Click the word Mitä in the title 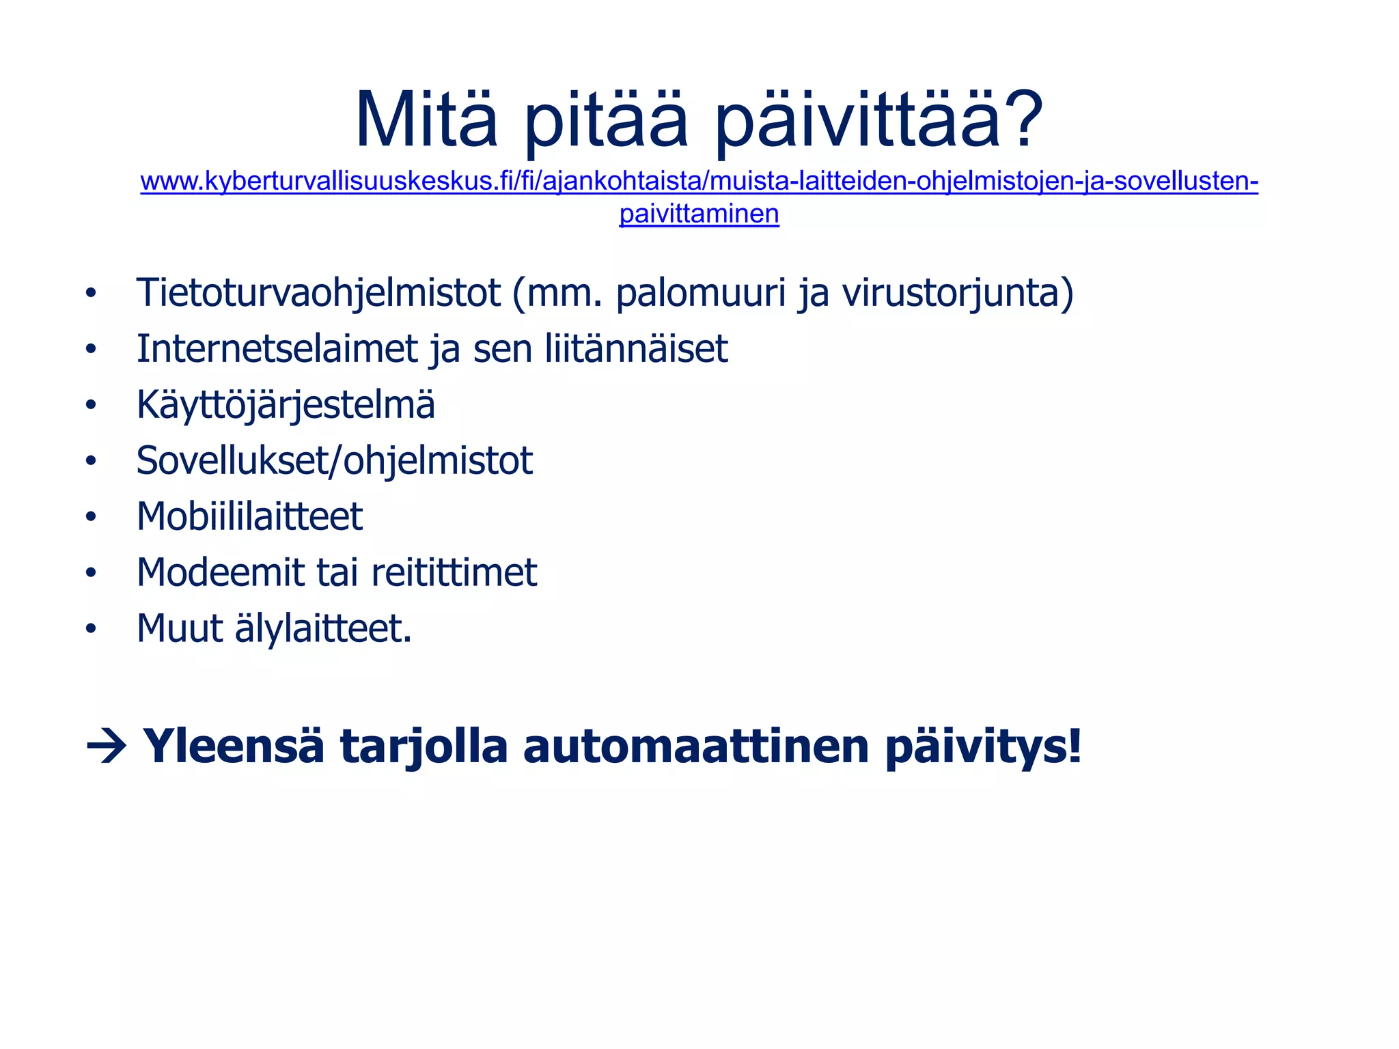tap(426, 121)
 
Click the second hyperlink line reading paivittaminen tap(699, 214)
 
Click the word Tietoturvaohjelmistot tap(318, 294)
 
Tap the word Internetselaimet tap(277, 349)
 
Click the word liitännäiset tap(636, 349)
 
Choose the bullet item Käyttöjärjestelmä tap(286, 405)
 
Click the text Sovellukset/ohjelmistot tap(334, 461)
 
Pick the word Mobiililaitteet tap(249, 517)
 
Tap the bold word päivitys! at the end tap(983, 746)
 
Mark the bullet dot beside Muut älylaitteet tap(91, 629)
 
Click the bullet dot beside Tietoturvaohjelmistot tap(91, 294)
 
